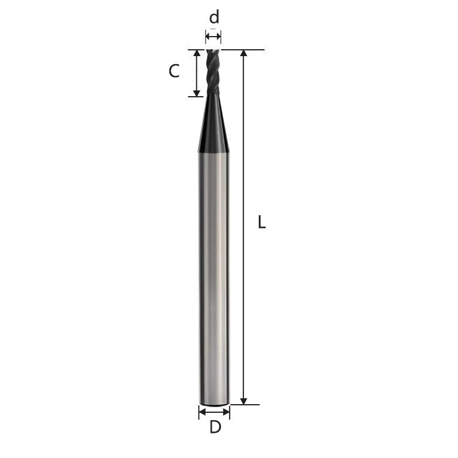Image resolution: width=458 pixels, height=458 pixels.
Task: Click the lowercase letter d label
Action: (214, 17)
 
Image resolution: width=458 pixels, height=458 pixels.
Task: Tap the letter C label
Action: (174, 72)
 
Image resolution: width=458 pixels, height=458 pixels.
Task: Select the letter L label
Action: (262, 222)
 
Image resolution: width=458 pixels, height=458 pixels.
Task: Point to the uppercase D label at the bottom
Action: (215, 427)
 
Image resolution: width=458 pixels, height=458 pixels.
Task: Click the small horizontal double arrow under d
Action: (213, 37)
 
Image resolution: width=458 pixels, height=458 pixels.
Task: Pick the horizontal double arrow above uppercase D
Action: (214, 411)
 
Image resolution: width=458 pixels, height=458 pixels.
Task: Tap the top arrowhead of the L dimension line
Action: (244, 54)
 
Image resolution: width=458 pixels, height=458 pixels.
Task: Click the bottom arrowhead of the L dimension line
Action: (244, 401)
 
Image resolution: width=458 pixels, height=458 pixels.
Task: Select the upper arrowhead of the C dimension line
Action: (197, 54)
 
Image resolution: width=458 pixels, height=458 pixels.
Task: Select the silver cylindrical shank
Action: (214, 275)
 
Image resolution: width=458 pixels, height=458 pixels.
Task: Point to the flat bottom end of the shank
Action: (214, 404)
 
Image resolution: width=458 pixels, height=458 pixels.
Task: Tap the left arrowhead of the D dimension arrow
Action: (202, 411)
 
